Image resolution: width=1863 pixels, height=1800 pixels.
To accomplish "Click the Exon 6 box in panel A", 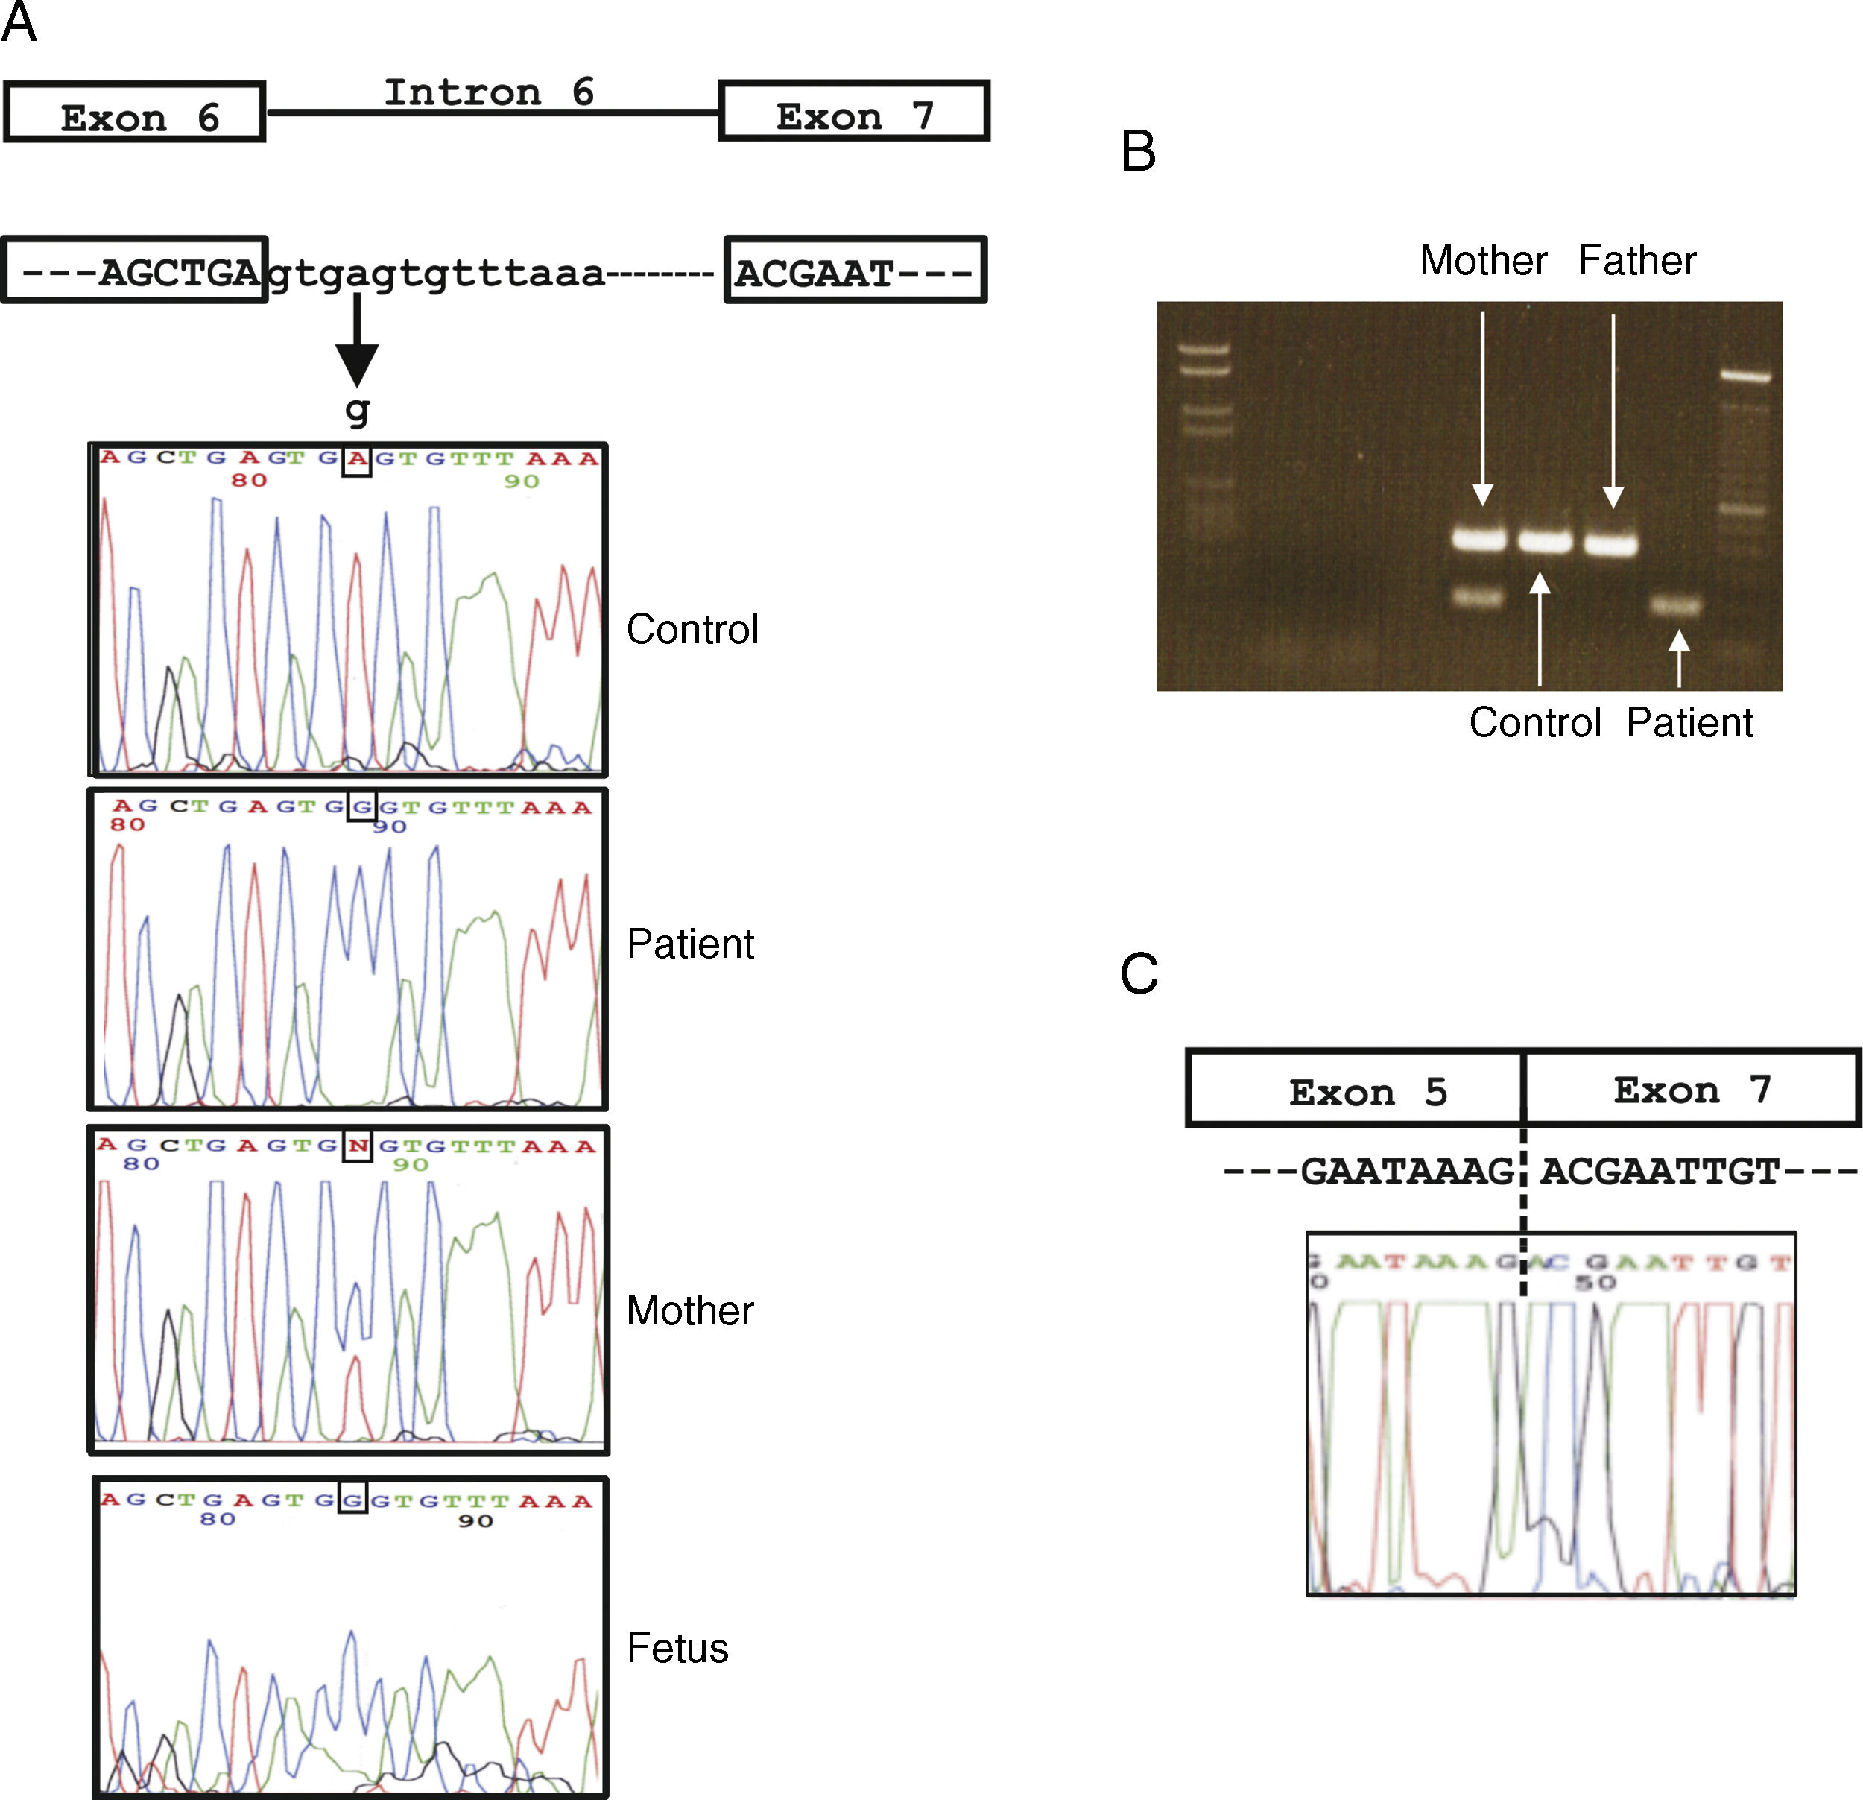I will point(134,113).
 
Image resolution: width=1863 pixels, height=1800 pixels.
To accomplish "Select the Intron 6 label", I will point(489,92).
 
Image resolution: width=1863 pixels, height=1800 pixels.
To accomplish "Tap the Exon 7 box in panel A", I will point(853,111).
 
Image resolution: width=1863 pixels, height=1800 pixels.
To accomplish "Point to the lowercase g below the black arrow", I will point(356,410).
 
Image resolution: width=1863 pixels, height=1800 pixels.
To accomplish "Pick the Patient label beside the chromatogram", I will point(690,944).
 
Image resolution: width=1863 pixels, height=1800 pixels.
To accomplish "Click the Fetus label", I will point(677,1648).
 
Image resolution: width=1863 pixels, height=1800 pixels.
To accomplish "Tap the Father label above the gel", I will point(1636,261).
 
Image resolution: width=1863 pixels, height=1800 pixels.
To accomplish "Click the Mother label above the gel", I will point(1483,261).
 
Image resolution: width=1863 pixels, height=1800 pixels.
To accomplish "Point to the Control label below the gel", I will point(1535,723).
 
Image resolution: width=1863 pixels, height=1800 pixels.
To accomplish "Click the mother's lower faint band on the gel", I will point(1479,597).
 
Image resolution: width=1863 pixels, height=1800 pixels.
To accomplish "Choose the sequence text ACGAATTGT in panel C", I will point(1659,1172).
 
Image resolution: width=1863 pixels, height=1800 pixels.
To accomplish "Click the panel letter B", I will point(1138,152).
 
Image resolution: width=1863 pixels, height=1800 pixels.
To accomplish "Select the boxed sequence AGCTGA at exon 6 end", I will point(179,273).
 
